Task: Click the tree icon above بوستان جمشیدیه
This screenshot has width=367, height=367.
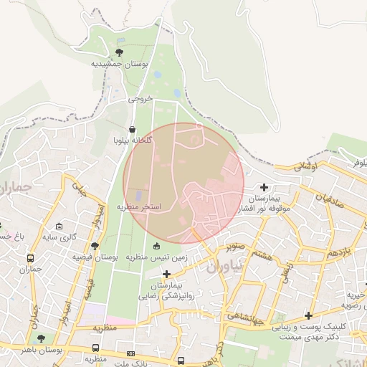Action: (x=119, y=52)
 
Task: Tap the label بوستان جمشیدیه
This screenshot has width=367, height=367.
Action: (x=119, y=64)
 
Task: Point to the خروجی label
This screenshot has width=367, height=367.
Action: (x=141, y=99)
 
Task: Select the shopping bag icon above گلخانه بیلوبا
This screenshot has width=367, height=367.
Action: (x=132, y=130)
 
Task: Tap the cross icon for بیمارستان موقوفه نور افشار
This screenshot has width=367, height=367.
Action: (x=264, y=187)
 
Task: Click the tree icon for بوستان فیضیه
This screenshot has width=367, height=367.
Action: (x=95, y=245)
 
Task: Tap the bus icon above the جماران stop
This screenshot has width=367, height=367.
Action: (x=30, y=258)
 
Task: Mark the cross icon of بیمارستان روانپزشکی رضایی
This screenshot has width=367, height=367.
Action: (x=167, y=274)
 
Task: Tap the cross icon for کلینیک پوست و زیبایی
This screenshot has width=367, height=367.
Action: (x=309, y=315)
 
